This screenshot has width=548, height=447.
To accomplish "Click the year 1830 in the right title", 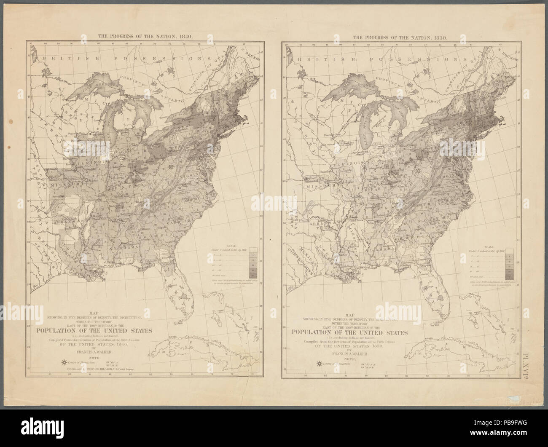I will point(442,37).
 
